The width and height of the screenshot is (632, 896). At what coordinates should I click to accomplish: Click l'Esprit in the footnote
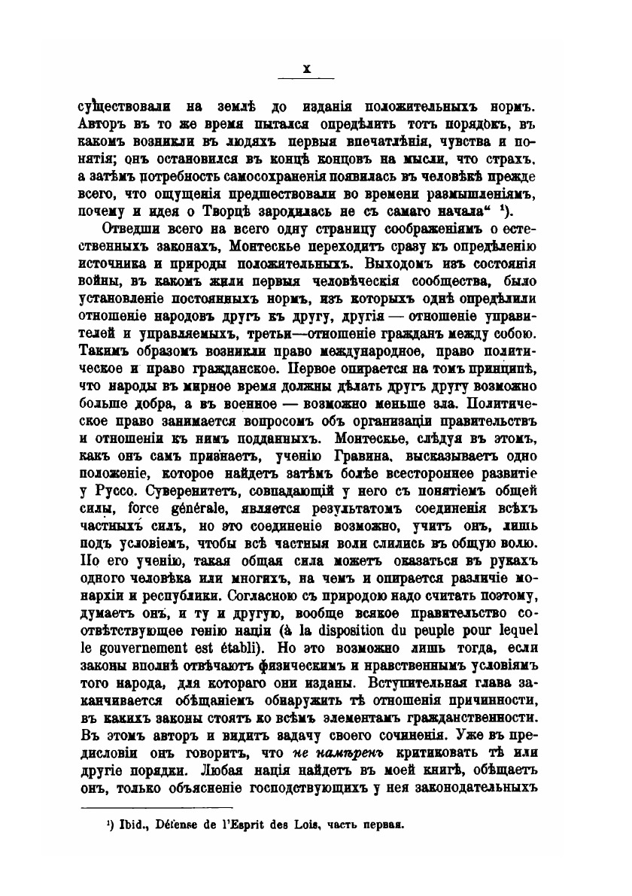tap(249, 825)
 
